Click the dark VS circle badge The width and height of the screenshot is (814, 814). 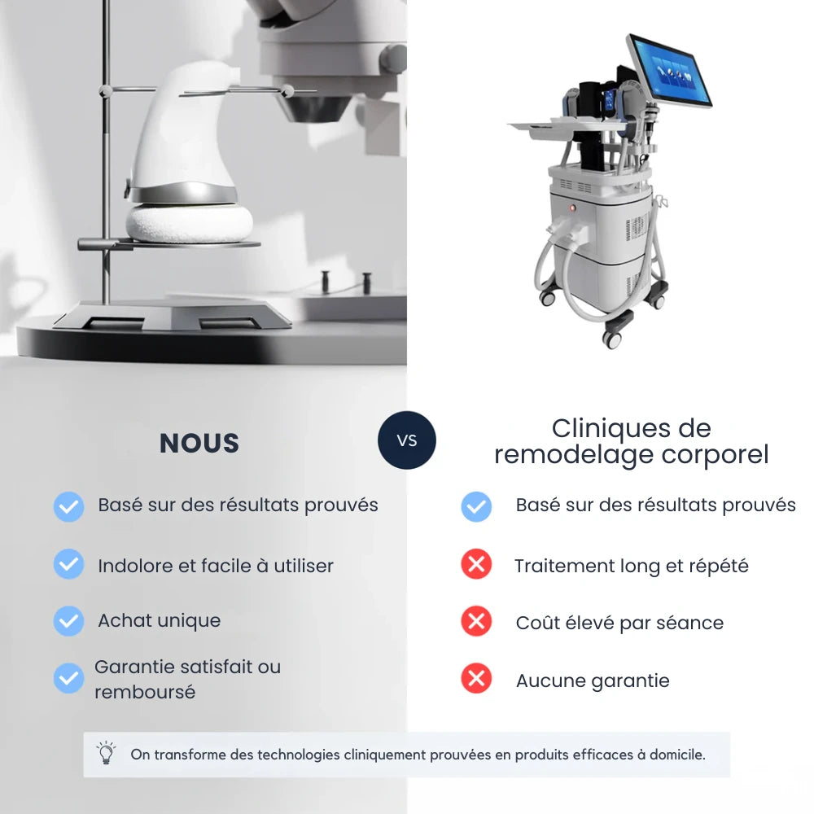tap(407, 440)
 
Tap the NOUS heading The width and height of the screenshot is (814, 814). tap(199, 444)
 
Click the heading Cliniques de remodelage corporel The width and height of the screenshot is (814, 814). tap(631, 441)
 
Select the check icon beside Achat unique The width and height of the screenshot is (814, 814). tap(68, 621)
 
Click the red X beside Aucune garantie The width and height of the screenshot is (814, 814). tap(476, 678)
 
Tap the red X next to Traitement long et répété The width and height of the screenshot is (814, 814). tap(476, 564)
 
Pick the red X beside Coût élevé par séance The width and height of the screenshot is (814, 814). tap(476, 622)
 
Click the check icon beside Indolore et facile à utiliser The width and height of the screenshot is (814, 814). tap(68, 563)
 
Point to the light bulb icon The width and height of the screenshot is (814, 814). tap(106, 753)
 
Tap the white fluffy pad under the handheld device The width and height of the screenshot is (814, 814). tap(182, 223)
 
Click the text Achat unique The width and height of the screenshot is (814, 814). tap(160, 620)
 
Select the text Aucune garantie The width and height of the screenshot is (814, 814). tap(593, 681)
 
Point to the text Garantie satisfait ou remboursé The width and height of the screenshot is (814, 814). tap(187, 679)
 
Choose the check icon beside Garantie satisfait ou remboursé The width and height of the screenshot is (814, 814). tap(68, 678)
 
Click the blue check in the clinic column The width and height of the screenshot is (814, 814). tap(476, 506)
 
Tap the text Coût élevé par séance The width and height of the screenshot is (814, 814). tap(619, 624)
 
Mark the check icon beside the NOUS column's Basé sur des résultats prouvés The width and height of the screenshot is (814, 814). tap(68, 506)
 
